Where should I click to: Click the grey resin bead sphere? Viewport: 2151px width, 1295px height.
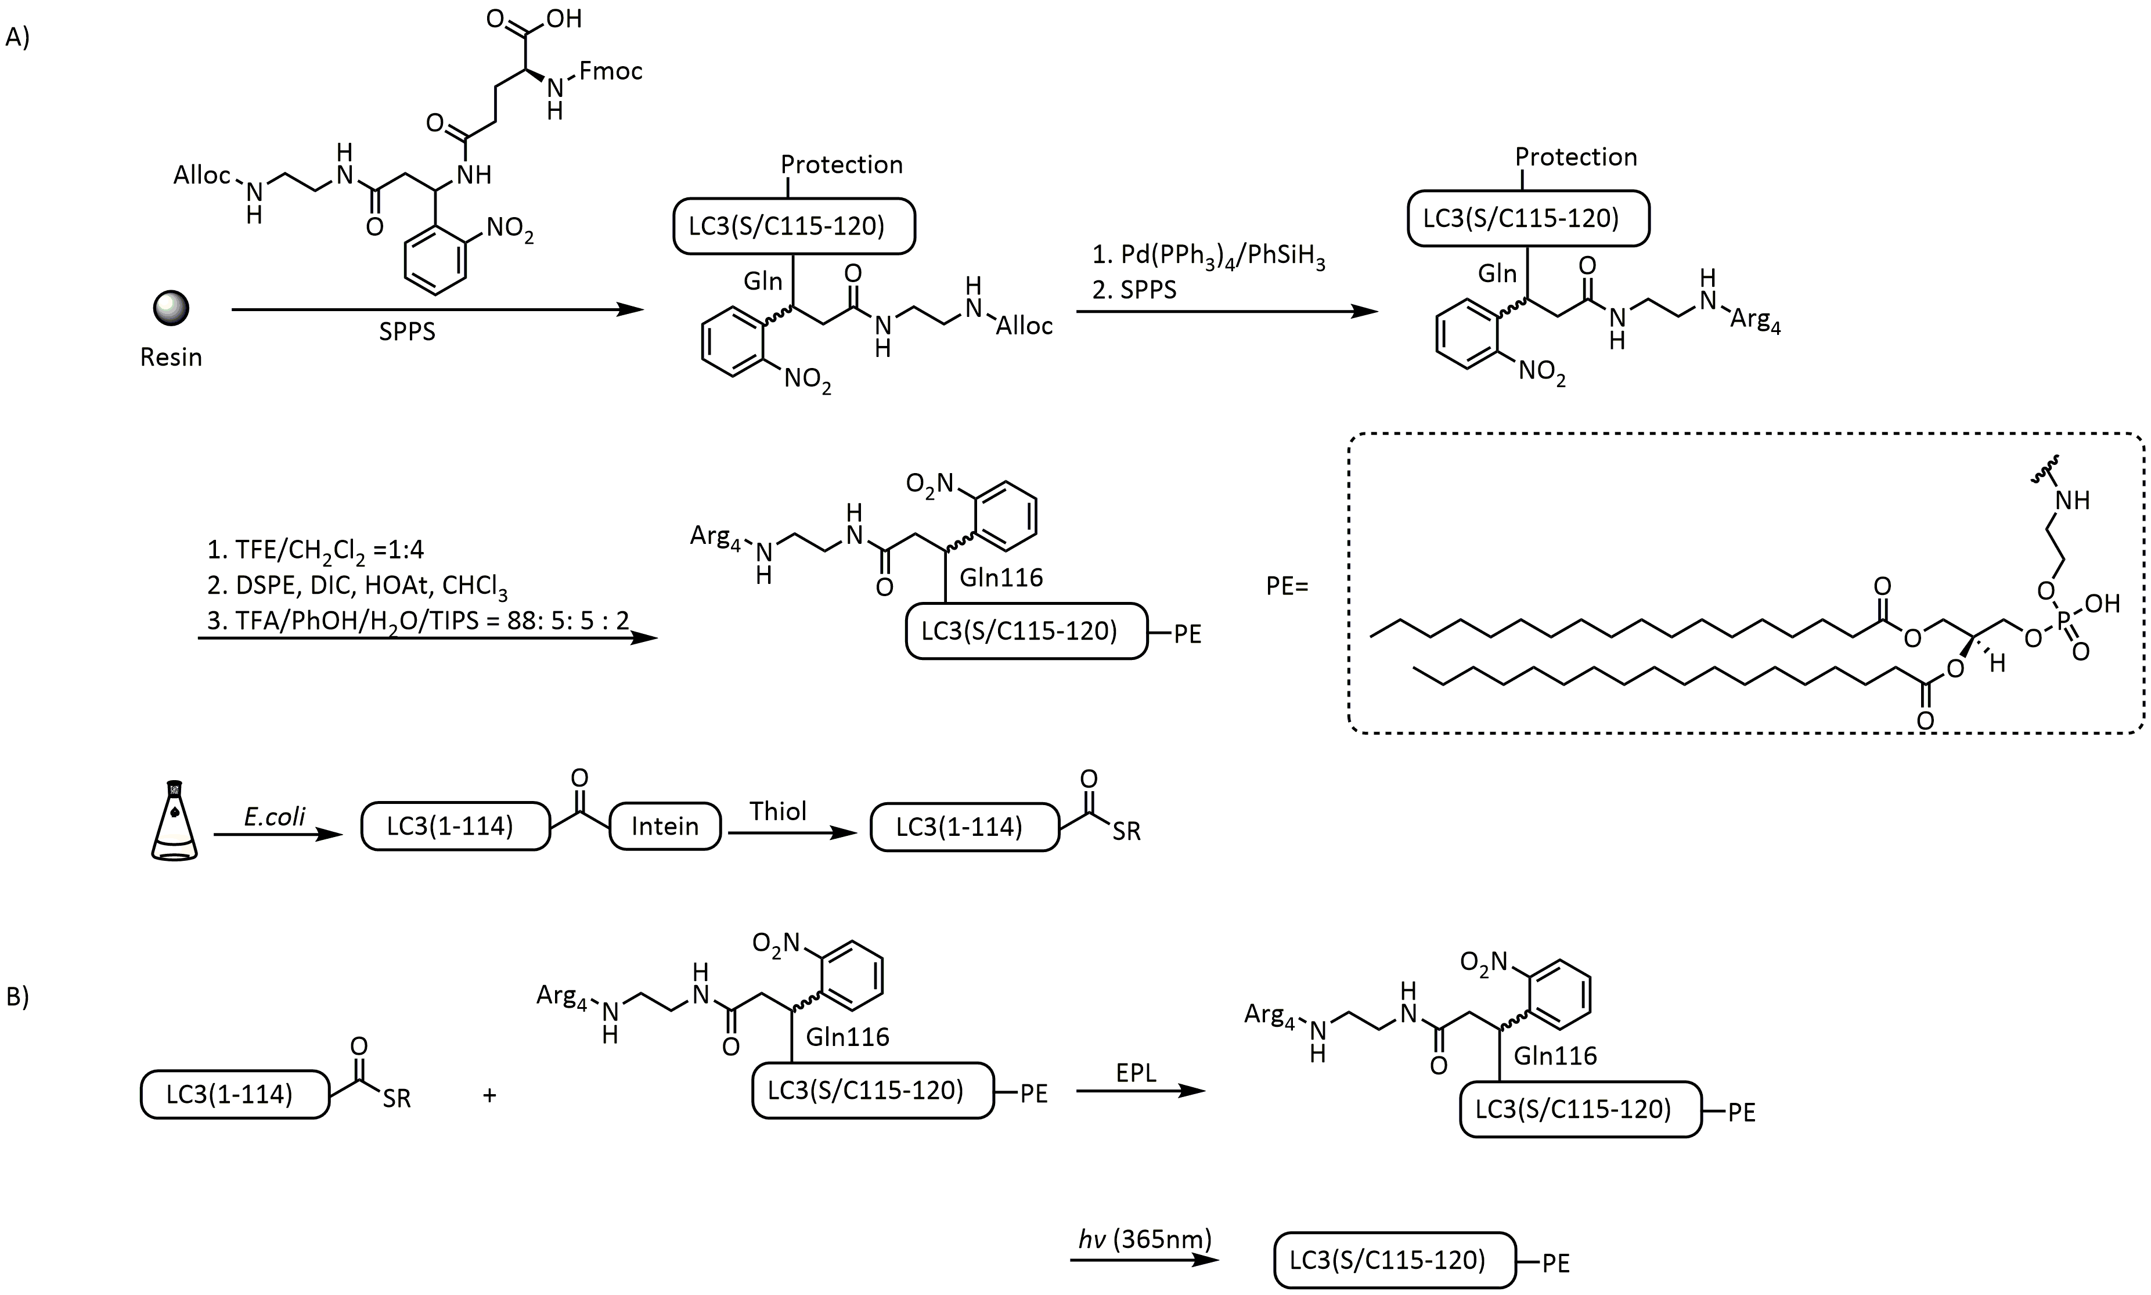(171, 308)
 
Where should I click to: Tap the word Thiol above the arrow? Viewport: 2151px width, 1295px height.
(777, 811)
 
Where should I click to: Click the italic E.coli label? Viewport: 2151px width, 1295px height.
(275, 816)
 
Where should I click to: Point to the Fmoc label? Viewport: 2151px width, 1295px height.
(611, 71)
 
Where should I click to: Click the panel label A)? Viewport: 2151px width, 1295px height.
(17, 38)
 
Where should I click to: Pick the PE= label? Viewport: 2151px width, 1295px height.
(1287, 586)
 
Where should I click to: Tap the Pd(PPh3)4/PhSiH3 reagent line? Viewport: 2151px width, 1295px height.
(1209, 258)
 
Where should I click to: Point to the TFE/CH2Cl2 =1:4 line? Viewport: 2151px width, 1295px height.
(315, 550)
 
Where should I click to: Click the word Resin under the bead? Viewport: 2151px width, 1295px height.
(171, 358)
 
